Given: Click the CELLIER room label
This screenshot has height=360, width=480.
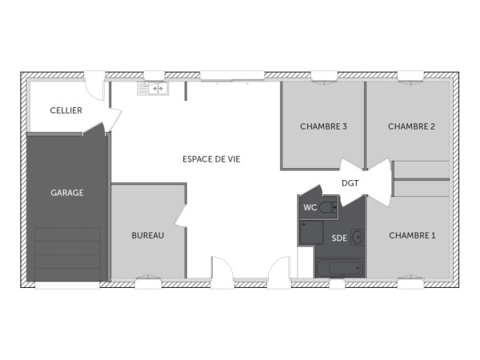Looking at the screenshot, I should pyautogui.click(x=66, y=110).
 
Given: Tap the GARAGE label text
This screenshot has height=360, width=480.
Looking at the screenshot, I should pyautogui.click(x=67, y=193).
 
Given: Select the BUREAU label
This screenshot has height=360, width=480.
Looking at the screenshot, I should pyautogui.click(x=148, y=235).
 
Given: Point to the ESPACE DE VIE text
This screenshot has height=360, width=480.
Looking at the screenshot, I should pyautogui.click(x=211, y=159).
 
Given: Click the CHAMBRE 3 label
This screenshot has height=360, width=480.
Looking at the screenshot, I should pyautogui.click(x=323, y=126).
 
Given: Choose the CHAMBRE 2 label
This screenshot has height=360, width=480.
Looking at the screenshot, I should pyautogui.click(x=411, y=126).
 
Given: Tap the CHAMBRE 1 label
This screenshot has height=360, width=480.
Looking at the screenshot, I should pyautogui.click(x=412, y=235).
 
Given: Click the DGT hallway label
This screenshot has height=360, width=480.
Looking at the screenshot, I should pyautogui.click(x=350, y=183).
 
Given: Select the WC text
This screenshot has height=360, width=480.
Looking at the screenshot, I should pyautogui.click(x=310, y=208).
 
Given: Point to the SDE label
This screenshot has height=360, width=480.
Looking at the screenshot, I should pyautogui.click(x=339, y=238).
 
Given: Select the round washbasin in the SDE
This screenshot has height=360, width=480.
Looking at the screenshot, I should pyautogui.click(x=357, y=237).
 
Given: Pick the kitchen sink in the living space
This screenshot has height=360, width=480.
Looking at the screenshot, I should pyautogui.click(x=152, y=89).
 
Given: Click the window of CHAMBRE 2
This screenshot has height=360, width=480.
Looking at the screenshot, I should pyautogui.click(x=410, y=76).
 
